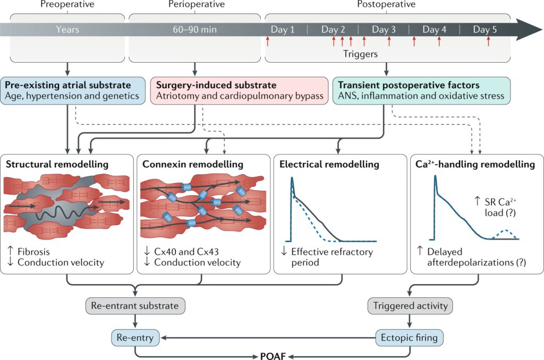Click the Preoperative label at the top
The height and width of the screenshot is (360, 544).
[x=67, y=4]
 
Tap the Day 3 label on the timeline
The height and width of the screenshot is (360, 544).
[x=384, y=29]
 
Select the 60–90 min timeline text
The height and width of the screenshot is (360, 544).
[x=195, y=29]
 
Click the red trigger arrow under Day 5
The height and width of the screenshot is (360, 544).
[x=488, y=41]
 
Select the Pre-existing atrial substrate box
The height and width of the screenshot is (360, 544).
[x=72, y=90]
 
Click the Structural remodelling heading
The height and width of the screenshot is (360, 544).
[x=57, y=165]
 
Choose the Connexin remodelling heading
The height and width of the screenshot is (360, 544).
[x=193, y=165]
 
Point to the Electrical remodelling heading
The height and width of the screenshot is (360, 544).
[x=329, y=165]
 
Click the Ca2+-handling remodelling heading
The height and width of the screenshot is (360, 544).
[x=475, y=165]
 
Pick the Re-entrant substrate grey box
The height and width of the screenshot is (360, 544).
[x=135, y=305]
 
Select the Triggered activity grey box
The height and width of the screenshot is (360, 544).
[x=409, y=305]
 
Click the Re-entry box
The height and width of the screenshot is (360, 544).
[x=135, y=337]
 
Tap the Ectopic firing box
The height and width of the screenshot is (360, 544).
[x=409, y=337]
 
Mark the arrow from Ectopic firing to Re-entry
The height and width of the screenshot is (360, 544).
[x=266, y=337]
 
